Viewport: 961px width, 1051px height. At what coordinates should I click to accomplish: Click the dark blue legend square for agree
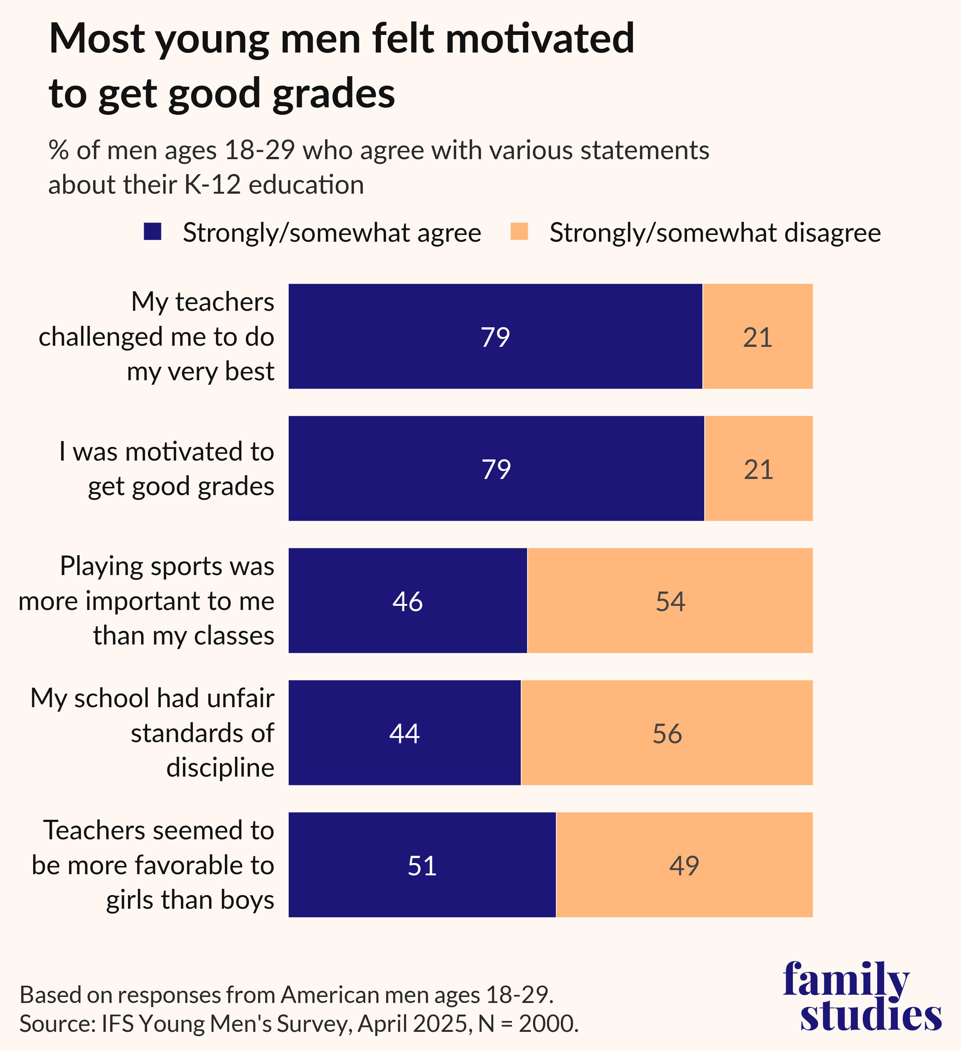tap(152, 232)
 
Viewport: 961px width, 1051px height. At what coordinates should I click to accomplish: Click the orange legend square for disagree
tap(519, 232)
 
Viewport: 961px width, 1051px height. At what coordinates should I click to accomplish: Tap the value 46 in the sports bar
tap(407, 601)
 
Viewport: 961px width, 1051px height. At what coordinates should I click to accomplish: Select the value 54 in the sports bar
tap(670, 601)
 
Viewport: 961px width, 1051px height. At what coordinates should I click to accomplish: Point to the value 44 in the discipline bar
tap(404, 733)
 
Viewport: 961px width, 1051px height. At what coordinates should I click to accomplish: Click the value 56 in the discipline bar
tap(667, 733)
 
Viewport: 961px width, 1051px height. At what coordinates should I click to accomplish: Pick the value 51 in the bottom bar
tap(422, 866)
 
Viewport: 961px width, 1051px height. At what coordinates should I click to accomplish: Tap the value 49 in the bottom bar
tap(684, 866)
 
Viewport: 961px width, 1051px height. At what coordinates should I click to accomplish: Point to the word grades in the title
tap(334, 94)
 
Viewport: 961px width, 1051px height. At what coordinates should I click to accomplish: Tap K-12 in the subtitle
tap(213, 185)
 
